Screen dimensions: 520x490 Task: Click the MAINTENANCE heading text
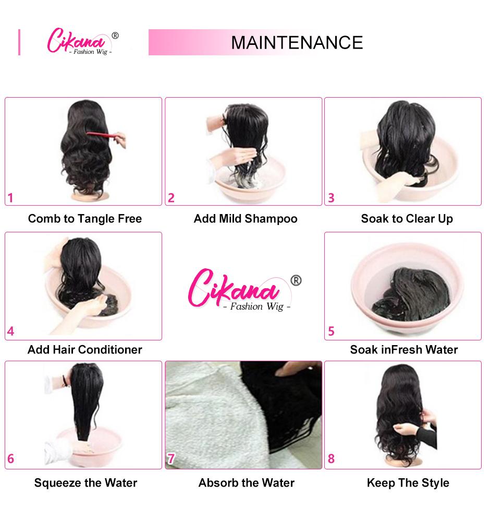297,42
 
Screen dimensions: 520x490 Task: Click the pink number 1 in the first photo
10,198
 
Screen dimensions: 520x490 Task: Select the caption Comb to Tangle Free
85,218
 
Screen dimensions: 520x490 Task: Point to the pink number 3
331,198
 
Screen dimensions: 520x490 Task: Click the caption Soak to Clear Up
407,218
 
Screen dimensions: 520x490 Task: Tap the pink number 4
10,331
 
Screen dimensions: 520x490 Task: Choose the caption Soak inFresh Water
404,349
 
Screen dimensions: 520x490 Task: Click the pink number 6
10,459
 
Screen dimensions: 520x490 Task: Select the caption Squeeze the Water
85,482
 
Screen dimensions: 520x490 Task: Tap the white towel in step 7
203,412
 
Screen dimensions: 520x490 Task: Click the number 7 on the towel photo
171,459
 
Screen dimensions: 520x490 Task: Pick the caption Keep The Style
408,482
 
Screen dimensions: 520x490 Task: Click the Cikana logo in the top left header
81,42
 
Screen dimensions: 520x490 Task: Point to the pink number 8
331,459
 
